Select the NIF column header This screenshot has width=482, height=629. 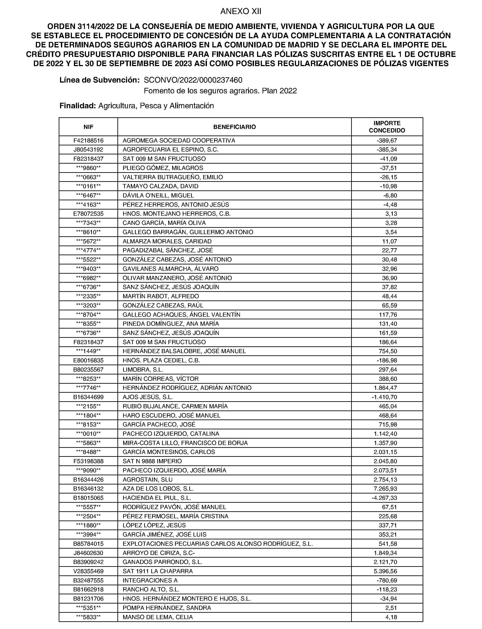click(x=88, y=127)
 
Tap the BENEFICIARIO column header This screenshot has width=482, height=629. click(x=234, y=127)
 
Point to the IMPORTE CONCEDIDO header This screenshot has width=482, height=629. click(x=387, y=127)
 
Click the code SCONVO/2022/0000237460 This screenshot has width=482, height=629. click(x=193, y=80)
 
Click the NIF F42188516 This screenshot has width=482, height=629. click(x=88, y=140)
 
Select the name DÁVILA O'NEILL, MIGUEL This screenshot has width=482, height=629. click(x=158, y=195)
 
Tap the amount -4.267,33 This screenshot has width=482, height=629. click(x=384, y=498)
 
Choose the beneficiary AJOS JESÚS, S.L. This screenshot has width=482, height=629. click(x=148, y=397)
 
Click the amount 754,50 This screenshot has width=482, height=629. click(x=388, y=351)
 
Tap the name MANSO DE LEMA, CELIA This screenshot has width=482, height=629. click(x=157, y=617)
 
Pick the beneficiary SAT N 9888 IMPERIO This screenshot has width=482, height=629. click(x=152, y=461)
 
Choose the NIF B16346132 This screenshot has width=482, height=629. click(x=88, y=489)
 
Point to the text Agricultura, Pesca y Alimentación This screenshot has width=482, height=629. click(x=156, y=106)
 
